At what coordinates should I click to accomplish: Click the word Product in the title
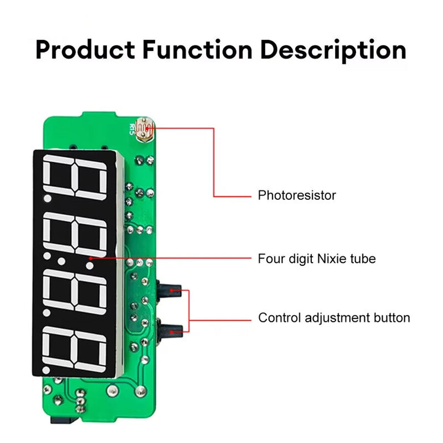(85, 50)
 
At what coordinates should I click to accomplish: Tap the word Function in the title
(197, 50)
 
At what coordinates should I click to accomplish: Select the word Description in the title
(333, 51)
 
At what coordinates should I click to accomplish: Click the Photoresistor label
(296, 195)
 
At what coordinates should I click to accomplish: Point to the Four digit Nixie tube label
(317, 258)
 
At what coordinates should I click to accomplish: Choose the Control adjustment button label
(334, 317)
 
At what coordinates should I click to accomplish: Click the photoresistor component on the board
(144, 129)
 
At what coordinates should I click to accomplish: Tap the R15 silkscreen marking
(132, 129)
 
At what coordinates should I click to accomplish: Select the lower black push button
(169, 329)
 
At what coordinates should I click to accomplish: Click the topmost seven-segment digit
(75, 177)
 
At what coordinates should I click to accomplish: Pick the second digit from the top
(75, 234)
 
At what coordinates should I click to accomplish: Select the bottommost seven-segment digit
(74, 349)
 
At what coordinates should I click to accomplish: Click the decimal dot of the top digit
(48, 198)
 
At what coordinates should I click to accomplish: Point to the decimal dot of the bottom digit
(46, 370)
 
